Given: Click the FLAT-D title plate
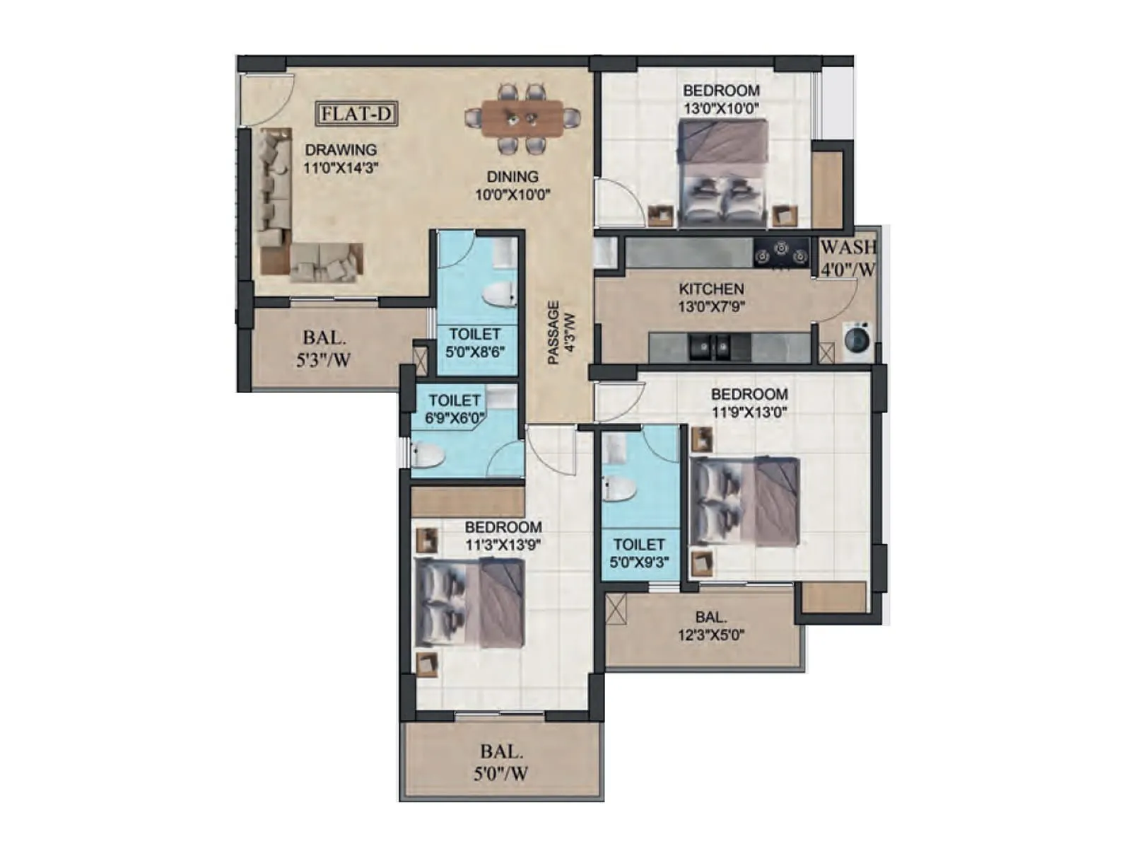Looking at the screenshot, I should tap(356, 114).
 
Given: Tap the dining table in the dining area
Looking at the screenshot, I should tap(522, 118).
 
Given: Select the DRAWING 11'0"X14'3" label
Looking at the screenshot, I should tap(341, 159).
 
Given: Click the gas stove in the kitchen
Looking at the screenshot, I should tap(780, 253).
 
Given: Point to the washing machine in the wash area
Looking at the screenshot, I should tap(857, 338).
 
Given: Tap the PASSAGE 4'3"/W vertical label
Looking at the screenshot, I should tap(562, 333).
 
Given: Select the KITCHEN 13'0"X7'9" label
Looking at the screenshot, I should tap(711, 298).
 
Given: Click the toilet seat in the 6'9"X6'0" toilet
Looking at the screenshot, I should tap(428, 455).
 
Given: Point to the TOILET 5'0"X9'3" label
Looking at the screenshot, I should tap(639, 553).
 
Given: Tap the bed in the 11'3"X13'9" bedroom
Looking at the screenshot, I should tap(469, 602).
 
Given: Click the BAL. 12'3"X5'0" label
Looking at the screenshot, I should tap(710, 626).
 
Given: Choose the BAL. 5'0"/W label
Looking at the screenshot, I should tap(501, 763).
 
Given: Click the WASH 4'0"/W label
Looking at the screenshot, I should tap(848, 258).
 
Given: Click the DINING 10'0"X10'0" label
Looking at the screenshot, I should tap(512, 185).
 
